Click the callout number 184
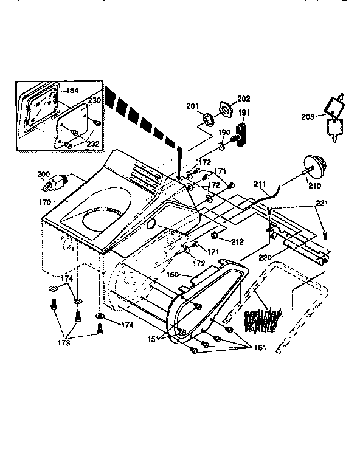click(x=72, y=91)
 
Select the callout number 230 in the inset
click(x=94, y=100)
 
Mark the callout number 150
click(x=173, y=275)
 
